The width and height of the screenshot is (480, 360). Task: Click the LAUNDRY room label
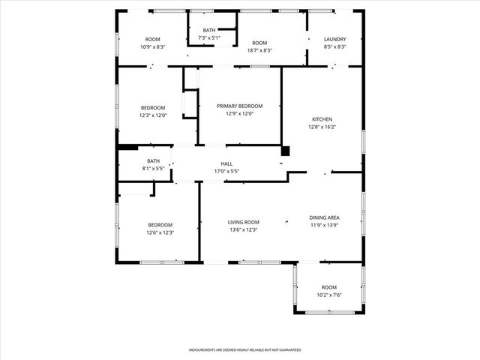pos(335,39)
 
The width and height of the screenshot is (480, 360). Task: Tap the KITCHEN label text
pos(322,119)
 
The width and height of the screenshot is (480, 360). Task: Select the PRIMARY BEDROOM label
pos(240,106)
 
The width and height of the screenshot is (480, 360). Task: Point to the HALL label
pos(226,163)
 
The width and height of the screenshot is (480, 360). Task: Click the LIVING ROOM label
pos(244,222)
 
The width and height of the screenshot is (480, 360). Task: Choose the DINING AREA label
pos(325,217)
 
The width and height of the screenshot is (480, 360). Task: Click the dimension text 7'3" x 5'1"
pos(208,37)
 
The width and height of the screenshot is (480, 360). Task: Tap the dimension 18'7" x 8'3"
pos(259,50)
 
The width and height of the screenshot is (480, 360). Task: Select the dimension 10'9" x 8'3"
pos(152,46)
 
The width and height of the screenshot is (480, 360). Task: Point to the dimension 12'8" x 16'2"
pos(322,127)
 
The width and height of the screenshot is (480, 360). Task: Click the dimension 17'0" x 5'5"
pos(226,171)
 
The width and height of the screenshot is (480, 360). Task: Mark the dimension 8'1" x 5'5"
pos(153,169)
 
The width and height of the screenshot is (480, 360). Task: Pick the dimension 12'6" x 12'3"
pos(160,232)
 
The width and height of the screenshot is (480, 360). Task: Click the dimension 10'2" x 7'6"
pos(329,295)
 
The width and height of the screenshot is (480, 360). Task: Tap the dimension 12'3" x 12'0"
pos(152,115)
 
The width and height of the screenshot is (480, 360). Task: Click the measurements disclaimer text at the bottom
pos(244,350)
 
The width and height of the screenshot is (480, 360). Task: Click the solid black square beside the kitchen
pos(285,150)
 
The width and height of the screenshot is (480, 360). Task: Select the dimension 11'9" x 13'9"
pos(325,225)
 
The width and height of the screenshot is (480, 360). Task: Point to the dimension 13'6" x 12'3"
pos(244,229)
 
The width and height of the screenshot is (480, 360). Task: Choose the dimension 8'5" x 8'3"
pos(335,46)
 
